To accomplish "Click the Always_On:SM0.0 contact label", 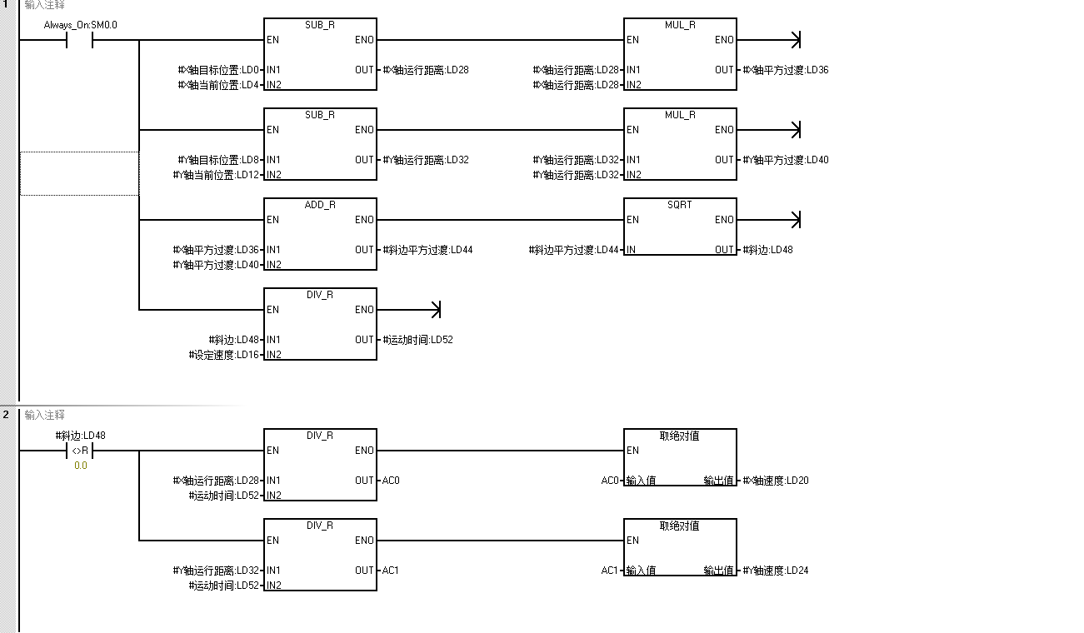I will (x=80, y=25).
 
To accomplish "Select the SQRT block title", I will (x=679, y=205).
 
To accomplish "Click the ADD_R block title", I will (x=320, y=205).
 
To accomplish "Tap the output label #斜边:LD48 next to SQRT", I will (x=768, y=250).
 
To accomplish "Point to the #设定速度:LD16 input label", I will (x=225, y=355).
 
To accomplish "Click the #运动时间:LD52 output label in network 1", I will (x=417, y=340).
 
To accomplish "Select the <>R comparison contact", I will (x=80, y=451).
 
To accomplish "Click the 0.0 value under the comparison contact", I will (x=80, y=466).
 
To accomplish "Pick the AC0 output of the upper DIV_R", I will (x=391, y=481).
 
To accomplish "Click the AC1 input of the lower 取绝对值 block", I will (x=610, y=571).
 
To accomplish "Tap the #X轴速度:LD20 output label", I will (x=776, y=481).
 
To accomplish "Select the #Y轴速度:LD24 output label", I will (x=776, y=571).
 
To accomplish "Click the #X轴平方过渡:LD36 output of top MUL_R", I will (x=786, y=70).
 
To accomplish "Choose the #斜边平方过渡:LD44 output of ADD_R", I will (x=427, y=250).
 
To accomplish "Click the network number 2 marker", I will (x=6, y=414).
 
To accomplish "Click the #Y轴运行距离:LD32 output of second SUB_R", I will (x=426, y=160).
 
